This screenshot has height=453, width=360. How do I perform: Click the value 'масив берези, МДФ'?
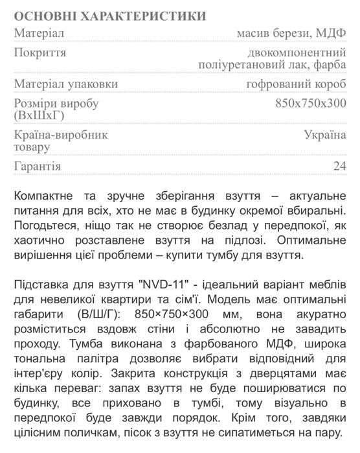292,33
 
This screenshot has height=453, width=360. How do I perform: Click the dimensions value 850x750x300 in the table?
311,104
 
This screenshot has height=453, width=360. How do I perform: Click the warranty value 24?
339,167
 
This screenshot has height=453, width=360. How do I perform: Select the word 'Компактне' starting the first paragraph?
45,196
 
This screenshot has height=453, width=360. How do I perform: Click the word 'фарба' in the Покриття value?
330,64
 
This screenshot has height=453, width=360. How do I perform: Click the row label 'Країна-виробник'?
60,135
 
